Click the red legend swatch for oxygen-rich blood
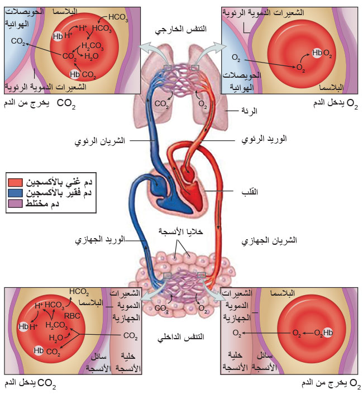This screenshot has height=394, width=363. pos(16,182)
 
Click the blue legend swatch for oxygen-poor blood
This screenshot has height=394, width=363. pos(16,193)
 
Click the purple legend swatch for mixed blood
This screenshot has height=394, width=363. pos(16,203)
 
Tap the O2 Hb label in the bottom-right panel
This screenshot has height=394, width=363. pos(324,333)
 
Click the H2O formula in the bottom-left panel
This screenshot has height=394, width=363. pos(56,338)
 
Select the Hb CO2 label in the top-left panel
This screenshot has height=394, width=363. pos(83,74)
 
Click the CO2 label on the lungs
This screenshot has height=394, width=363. pos(161,103)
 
